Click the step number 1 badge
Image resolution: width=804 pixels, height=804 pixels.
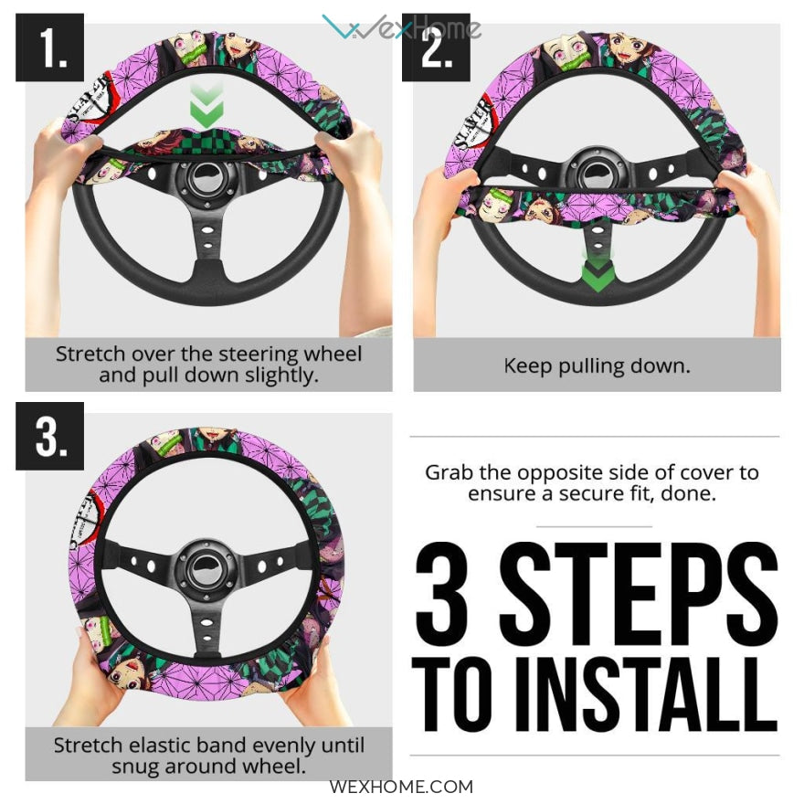(49, 48)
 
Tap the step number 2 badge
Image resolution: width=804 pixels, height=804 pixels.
(436, 48)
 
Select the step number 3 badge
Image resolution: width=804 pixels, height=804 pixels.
(49, 436)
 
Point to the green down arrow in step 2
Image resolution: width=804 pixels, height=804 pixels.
(598, 270)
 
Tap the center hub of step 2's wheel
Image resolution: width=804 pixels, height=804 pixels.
(598, 173)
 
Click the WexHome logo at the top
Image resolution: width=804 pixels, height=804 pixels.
(401, 27)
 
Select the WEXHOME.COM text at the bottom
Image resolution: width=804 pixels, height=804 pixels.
(401, 787)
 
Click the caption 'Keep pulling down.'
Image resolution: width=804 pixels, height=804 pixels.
(598, 366)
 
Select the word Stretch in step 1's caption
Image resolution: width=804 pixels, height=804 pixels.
(90, 354)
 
